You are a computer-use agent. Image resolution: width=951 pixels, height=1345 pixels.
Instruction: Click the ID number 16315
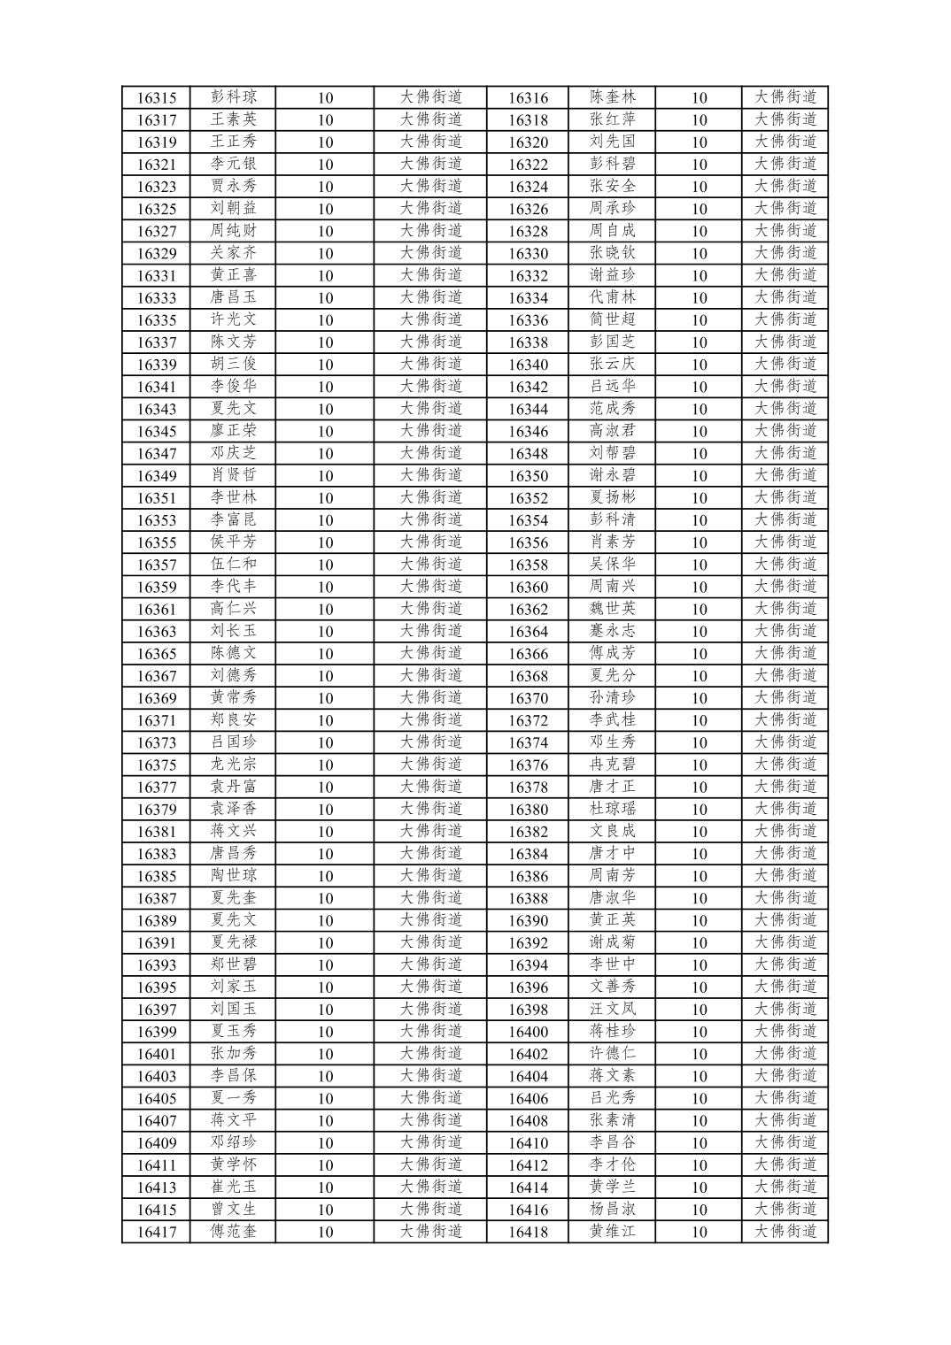[157, 98]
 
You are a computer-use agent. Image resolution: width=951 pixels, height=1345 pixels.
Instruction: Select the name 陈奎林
[613, 97]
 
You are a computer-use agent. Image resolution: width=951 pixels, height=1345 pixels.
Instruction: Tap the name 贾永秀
[233, 186]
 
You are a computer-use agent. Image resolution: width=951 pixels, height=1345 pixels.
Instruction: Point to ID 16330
[528, 254]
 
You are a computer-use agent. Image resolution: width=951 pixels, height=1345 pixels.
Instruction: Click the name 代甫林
[613, 297]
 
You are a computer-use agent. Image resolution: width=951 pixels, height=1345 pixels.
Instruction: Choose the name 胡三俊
[233, 364]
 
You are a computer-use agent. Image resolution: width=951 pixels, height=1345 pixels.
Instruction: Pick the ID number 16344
[528, 409]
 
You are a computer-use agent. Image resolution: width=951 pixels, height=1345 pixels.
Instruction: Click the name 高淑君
[613, 431]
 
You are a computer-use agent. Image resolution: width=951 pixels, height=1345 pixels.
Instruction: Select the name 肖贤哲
[233, 475]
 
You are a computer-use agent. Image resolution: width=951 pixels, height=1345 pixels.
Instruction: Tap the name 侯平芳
[233, 542]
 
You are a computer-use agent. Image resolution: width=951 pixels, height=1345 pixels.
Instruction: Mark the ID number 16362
[528, 609]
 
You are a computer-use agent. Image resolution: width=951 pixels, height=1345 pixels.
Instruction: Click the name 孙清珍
[613, 697]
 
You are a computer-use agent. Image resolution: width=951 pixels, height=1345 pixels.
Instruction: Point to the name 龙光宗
[233, 765]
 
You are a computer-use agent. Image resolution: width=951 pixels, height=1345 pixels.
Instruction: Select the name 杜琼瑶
[613, 809]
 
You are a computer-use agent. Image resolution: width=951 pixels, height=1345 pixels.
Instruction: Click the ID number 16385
[157, 876]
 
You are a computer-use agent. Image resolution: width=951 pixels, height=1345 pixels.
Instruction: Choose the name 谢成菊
[613, 942]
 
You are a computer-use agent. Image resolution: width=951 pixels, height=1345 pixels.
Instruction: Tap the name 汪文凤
[613, 1009]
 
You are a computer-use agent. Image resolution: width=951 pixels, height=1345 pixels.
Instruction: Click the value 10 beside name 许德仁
[700, 1054]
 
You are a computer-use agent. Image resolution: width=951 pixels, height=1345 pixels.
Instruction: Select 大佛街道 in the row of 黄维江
[785, 1231]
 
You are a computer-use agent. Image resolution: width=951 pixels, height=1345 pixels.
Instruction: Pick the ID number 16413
[157, 1187]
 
